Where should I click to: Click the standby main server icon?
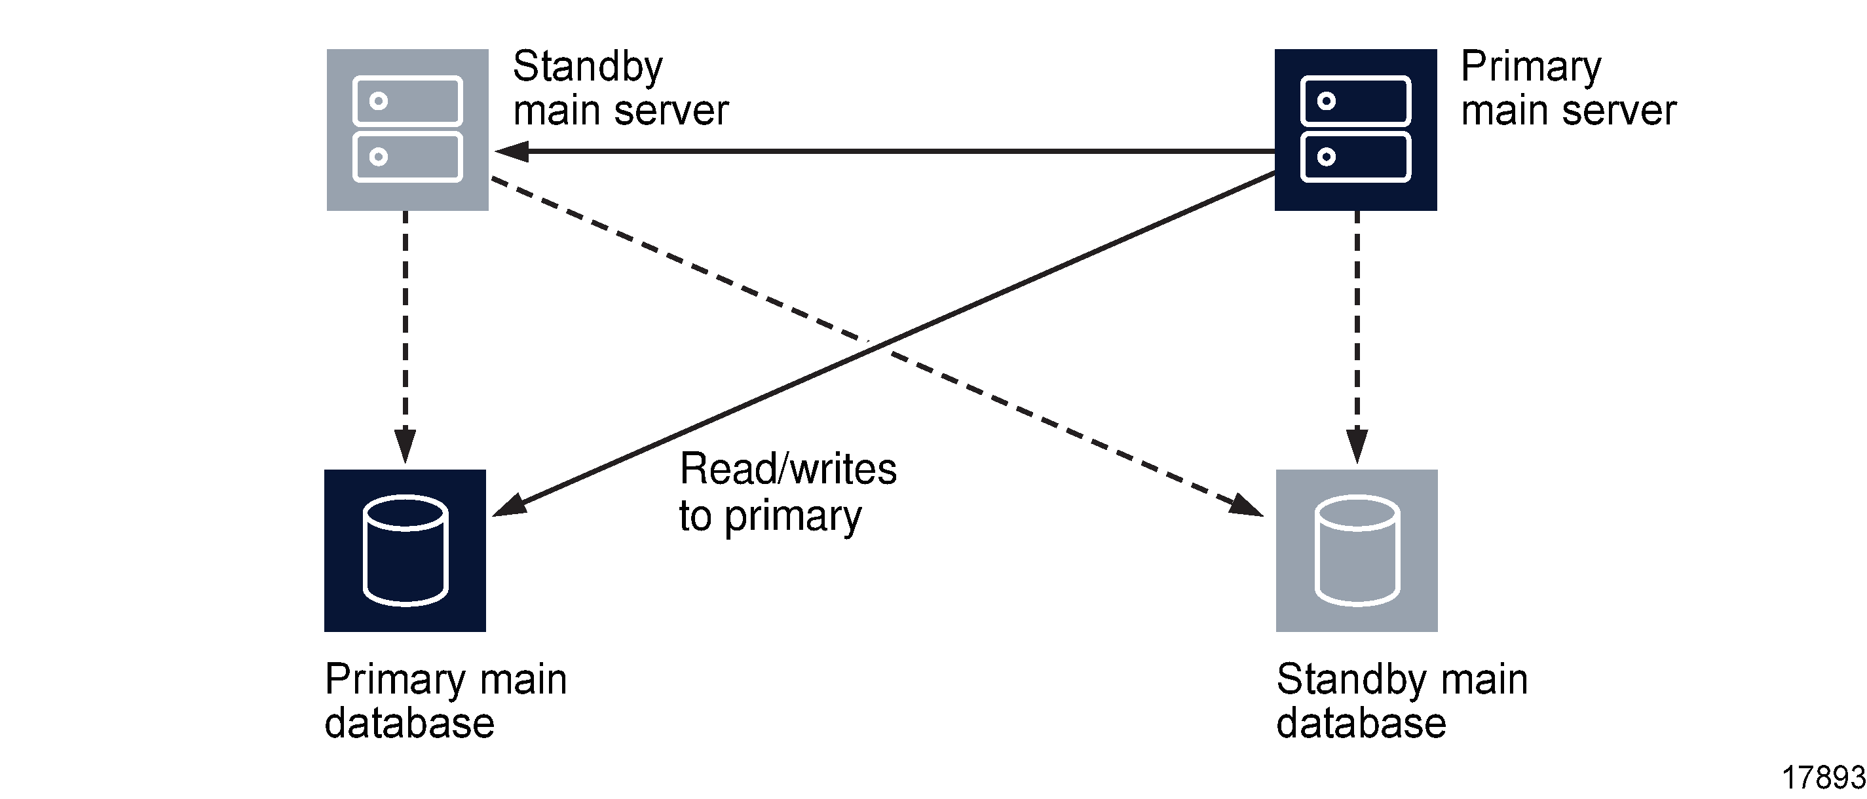pos(407,130)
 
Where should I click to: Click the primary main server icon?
pos(1355,130)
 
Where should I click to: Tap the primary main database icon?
pos(405,551)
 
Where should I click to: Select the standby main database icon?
pos(1357,551)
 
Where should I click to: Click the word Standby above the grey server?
pos(588,67)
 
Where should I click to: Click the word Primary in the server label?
pos(1531,67)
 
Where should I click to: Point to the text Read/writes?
pos(788,469)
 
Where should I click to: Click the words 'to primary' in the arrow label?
pos(770,517)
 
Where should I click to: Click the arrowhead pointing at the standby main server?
pos(512,151)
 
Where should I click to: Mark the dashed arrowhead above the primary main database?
pos(405,445)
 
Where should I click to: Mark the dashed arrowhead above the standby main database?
pos(1357,445)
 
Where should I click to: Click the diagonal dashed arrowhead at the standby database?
pos(1246,506)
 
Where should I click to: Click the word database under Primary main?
pos(409,724)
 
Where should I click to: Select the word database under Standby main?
pos(1361,724)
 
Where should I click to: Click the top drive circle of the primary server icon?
pos(1327,101)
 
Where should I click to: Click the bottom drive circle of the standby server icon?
pos(379,157)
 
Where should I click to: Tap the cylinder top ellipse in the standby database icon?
pos(1357,513)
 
